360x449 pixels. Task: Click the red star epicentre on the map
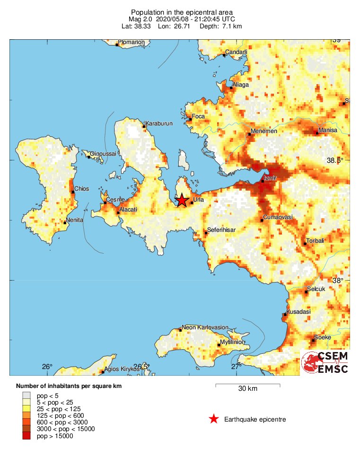click(x=182, y=200)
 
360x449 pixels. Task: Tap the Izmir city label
click(x=269, y=177)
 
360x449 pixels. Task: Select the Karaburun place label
click(x=159, y=123)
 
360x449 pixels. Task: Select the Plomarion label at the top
click(x=132, y=42)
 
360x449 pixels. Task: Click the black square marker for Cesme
click(x=105, y=203)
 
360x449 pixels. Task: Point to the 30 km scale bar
click(x=247, y=385)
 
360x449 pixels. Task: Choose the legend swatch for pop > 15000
click(x=26, y=436)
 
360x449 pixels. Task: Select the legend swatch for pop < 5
click(x=26, y=395)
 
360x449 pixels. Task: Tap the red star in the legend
click(x=214, y=419)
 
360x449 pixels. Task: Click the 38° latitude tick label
click(x=337, y=281)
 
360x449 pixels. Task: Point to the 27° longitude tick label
click(x=236, y=366)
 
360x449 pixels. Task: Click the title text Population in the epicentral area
click(x=182, y=12)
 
